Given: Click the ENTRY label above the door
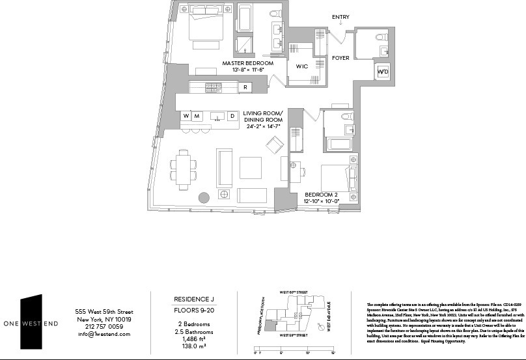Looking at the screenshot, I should point(339,17).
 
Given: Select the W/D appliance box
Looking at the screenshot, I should point(381,71).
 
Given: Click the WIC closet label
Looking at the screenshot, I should point(301,66).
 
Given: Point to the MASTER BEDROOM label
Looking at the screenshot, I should point(247,64).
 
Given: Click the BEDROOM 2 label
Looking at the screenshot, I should point(322,195).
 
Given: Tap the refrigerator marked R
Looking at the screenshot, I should point(245,87).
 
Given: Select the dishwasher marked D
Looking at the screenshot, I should point(231,116).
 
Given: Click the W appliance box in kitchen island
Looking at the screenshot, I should point(186,116).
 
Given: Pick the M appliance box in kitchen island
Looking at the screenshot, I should point(198,116).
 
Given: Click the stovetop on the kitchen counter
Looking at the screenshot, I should point(214,87).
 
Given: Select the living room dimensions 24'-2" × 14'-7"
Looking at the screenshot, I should point(262,126).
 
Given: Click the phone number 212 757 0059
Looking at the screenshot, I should point(104,327).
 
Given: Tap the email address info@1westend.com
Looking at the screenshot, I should point(104,334).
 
